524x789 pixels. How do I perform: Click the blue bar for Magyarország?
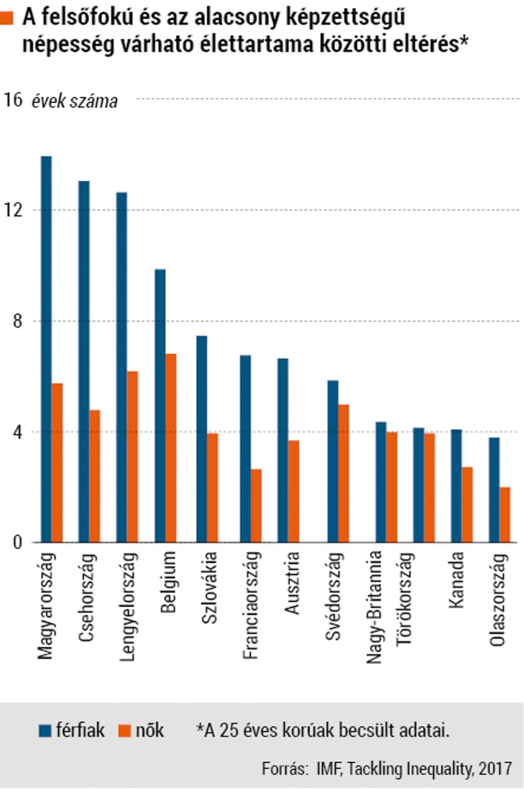[47, 349]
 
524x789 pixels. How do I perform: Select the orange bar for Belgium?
[171, 448]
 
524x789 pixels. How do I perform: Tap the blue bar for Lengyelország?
[122, 367]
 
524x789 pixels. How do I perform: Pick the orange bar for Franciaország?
[256, 506]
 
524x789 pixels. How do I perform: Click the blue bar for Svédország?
[333, 461]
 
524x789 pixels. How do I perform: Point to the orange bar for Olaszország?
[505, 515]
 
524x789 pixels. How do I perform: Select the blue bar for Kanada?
[456, 485]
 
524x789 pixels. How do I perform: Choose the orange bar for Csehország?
[94, 476]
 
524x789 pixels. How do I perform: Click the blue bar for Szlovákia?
[202, 439]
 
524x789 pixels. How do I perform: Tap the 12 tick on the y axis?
[13, 210]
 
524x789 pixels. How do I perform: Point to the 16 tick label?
[13, 100]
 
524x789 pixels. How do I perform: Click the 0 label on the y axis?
[17, 542]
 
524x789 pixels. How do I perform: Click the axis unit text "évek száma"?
[74, 102]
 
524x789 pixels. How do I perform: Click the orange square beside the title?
[6, 18]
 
